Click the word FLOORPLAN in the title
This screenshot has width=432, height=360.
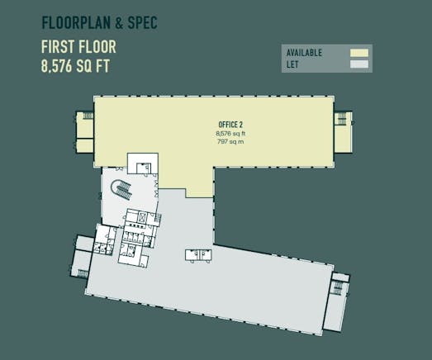tap(76, 22)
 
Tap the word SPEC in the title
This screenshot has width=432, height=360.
tap(142, 22)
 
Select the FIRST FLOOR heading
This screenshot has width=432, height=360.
tap(78, 47)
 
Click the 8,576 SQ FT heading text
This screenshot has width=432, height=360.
tap(75, 66)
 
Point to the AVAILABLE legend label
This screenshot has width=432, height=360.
tap(304, 53)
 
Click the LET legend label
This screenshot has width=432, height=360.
tap(292, 64)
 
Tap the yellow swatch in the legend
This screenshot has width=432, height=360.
tap(359, 53)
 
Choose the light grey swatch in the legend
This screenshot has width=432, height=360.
tap(359, 64)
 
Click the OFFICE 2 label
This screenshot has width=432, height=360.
tap(230, 125)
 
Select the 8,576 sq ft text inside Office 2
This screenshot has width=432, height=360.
tap(230, 134)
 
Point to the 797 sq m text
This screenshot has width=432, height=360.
tap(230, 142)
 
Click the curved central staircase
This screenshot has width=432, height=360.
tap(121, 189)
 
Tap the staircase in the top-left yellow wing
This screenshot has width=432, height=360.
tap(88, 116)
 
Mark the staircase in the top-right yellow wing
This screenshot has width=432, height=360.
tap(341, 118)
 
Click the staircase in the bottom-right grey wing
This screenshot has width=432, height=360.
tap(338, 289)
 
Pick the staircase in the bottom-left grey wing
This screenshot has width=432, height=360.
tap(83, 273)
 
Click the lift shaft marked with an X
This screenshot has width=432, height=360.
tap(142, 217)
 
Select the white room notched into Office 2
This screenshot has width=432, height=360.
tap(142, 163)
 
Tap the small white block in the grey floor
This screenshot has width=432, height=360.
tap(198, 255)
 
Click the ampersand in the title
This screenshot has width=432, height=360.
tap(119, 23)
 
